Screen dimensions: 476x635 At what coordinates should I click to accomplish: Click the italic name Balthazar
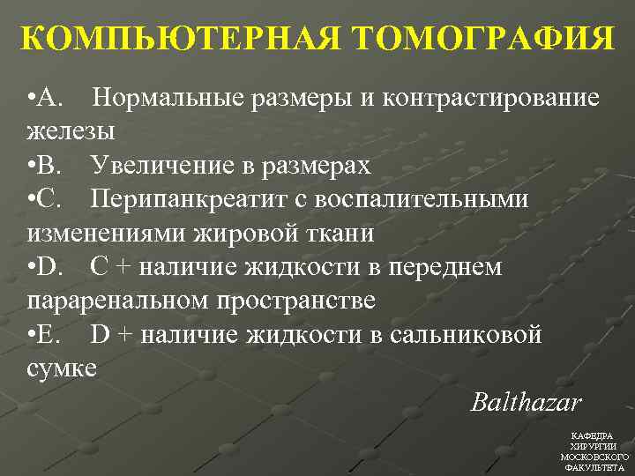click(526, 403)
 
